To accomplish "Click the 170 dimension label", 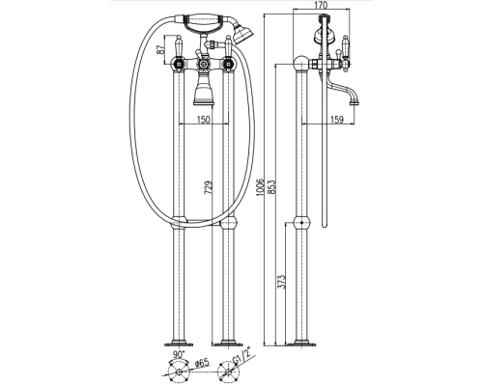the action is pyautogui.click(x=321, y=5).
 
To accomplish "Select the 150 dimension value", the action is pyautogui.click(x=203, y=120).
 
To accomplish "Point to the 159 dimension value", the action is pyautogui.click(x=337, y=120).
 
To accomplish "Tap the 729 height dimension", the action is pyautogui.click(x=209, y=188).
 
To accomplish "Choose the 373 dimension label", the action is pyautogui.click(x=281, y=282).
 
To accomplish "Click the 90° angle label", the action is pyautogui.click(x=178, y=355).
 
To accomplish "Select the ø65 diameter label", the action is pyautogui.click(x=202, y=364).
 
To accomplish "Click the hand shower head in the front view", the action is pyautogui.click(x=242, y=33).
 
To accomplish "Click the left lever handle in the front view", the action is pyautogui.click(x=178, y=46).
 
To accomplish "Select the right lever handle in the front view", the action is pyautogui.click(x=228, y=46).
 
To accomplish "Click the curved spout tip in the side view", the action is pyautogui.click(x=355, y=103).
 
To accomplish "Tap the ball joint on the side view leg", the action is pyautogui.click(x=301, y=223).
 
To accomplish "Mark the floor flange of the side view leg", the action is pyautogui.click(x=301, y=344).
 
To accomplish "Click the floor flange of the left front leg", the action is pyautogui.click(x=179, y=344).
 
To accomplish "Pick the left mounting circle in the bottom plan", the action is pyautogui.click(x=178, y=372).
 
